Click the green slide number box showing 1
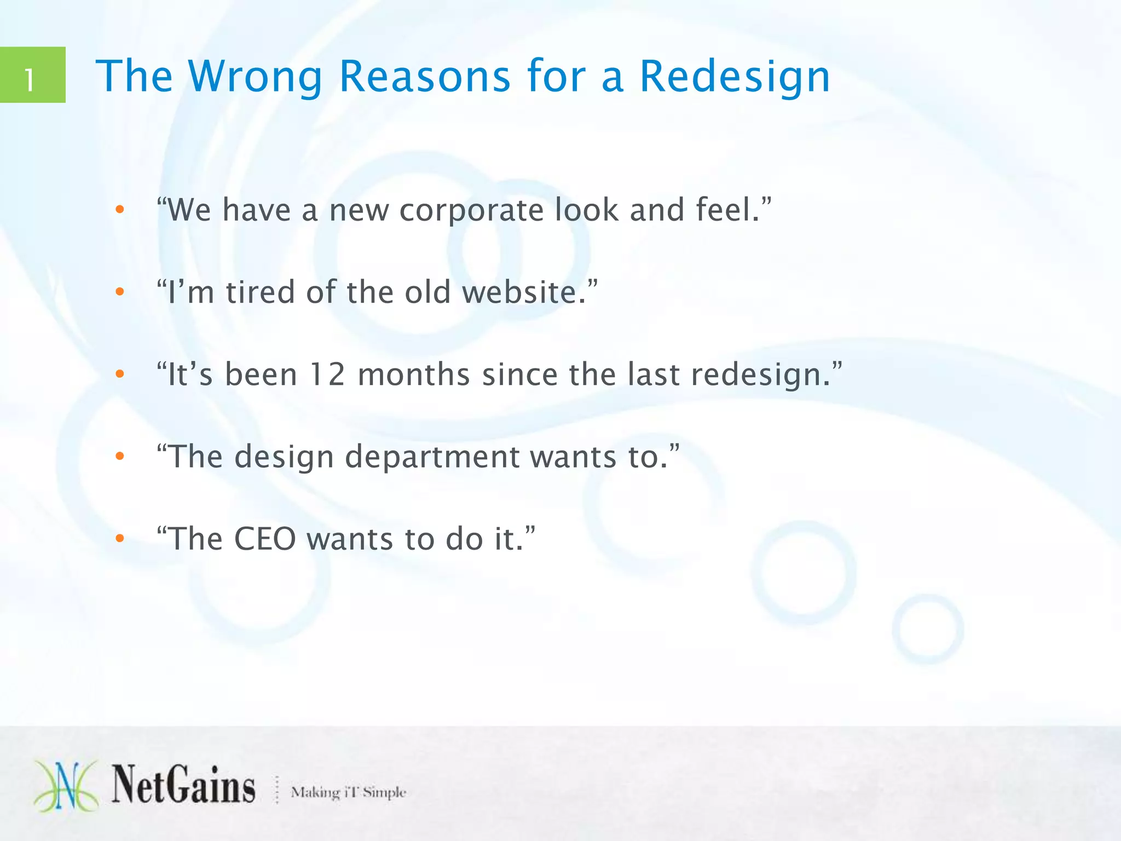[32, 75]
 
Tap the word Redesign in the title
[735, 77]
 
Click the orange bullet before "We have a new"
[120, 209]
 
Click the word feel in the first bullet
[722, 210]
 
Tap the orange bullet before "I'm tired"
[120, 292]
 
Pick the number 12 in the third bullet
[327, 375]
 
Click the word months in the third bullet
[414, 375]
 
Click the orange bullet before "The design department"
[120, 457]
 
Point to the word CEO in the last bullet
[265, 539]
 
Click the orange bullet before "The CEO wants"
[120, 539]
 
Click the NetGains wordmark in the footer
[183, 786]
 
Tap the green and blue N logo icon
[66, 786]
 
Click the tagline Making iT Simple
[349, 792]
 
